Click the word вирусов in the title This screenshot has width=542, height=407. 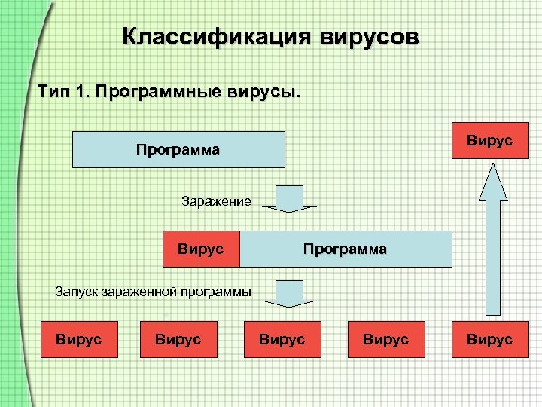[370, 38]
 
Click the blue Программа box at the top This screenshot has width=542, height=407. [178, 149]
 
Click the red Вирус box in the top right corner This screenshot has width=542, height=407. [489, 140]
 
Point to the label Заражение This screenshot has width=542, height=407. [216, 201]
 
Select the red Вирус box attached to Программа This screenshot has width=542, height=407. [201, 249]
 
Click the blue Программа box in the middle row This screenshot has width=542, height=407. [346, 249]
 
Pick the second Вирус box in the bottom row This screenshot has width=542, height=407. [178, 340]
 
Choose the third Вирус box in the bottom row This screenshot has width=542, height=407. [282, 340]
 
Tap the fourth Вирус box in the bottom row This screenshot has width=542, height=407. [386, 340]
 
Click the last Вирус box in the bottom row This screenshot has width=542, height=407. [490, 340]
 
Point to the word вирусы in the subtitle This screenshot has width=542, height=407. [263, 93]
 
